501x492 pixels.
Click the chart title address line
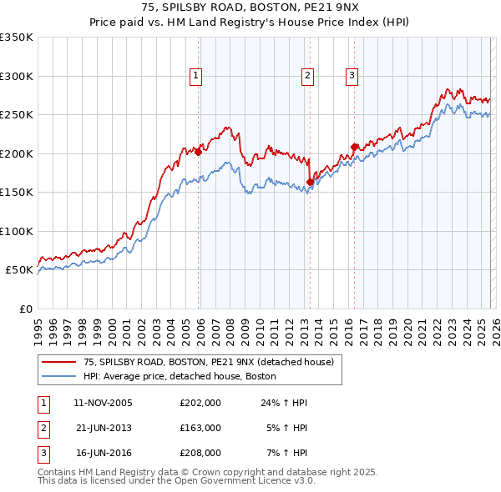(250, 8)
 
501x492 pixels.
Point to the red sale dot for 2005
(198, 152)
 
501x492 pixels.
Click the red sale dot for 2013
(310, 182)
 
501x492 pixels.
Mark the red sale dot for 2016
(354, 147)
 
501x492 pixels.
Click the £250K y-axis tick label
(17, 115)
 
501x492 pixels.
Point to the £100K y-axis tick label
(17, 231)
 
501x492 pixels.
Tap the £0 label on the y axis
(24, 309)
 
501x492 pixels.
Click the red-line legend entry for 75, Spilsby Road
(208, 362)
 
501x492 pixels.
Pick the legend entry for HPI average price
(179, 376)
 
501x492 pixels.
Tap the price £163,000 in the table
(200, 427)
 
